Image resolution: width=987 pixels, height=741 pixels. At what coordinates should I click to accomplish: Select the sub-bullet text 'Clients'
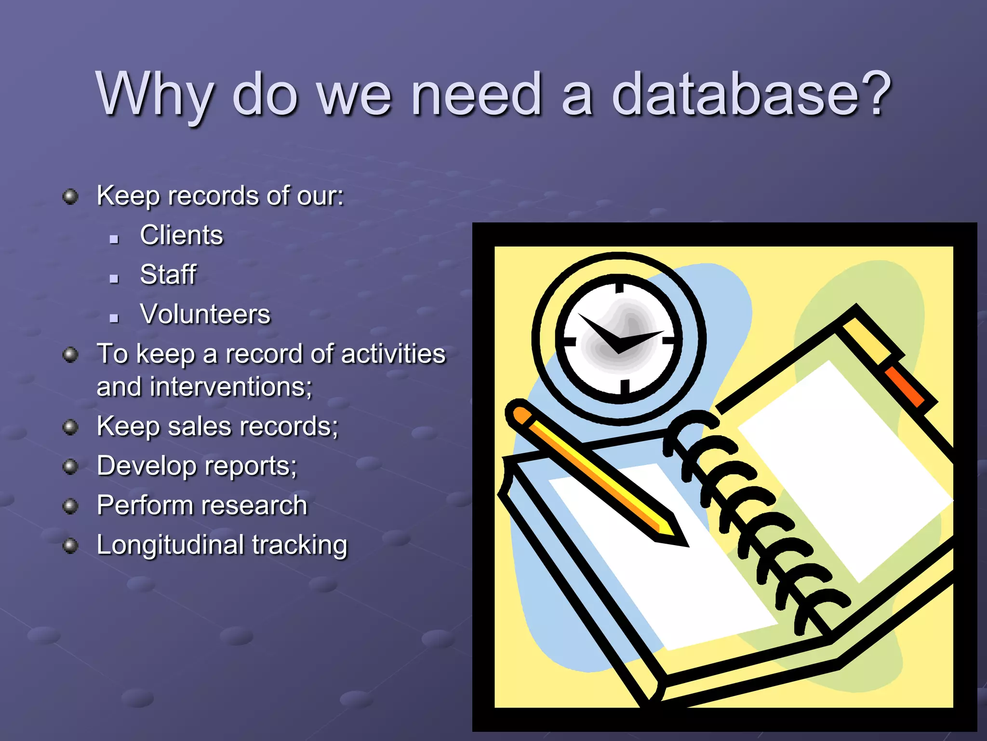point(182,235)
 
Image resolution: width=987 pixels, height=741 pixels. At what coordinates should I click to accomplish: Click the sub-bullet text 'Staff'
point(168,274)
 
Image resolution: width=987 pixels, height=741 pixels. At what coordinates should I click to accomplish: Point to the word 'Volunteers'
point(205,314)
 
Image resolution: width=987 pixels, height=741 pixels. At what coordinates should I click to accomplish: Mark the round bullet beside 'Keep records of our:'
point(70,196)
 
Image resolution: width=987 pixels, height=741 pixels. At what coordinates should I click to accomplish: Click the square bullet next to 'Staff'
point(114,278)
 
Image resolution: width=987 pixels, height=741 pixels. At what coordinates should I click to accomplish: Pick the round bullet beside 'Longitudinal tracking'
point(70,546)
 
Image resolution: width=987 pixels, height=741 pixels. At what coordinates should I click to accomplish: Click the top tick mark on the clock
point(620,288)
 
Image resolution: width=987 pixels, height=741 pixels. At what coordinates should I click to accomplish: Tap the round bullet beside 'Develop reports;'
point(70,467)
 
